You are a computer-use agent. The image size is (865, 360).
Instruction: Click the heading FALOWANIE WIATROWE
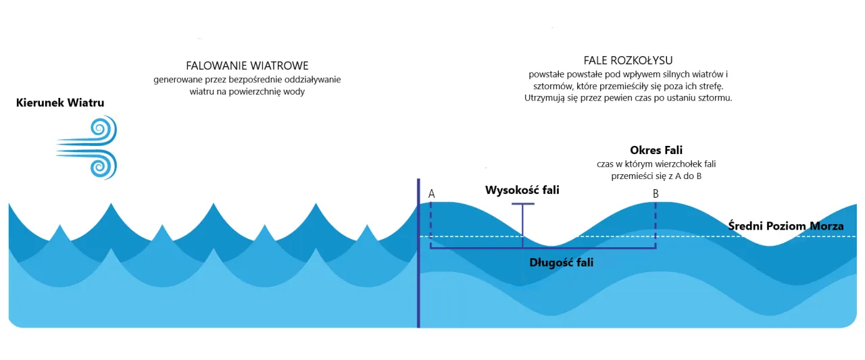click(247, 66)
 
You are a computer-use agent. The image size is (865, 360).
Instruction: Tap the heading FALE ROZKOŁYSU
click(628, 60)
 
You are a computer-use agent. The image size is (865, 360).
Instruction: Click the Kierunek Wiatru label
click(60, 103)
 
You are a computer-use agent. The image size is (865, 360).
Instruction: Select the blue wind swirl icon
click(88, 147)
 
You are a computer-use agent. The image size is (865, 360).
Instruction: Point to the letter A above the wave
click(431, 194)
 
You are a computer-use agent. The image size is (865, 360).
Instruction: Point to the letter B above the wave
click(656, 194)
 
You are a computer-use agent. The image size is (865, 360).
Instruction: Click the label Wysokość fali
click(522, 190)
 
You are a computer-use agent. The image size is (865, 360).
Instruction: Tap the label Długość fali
click(561, 262)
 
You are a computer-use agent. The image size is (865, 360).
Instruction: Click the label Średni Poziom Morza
click(786, 226)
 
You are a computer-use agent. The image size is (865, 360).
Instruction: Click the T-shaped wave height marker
click(522, 220)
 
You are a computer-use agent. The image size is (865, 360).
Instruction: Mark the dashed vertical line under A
click(431, 223)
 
